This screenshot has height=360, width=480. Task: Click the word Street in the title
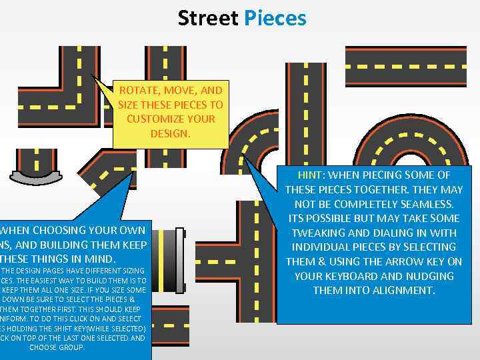point(208,18)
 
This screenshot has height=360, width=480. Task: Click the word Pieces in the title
point(275,18)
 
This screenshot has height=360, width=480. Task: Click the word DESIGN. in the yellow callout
point(171,133)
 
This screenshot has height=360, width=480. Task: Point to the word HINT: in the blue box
point(312,175)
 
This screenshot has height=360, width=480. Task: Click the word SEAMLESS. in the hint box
point(423,204)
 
